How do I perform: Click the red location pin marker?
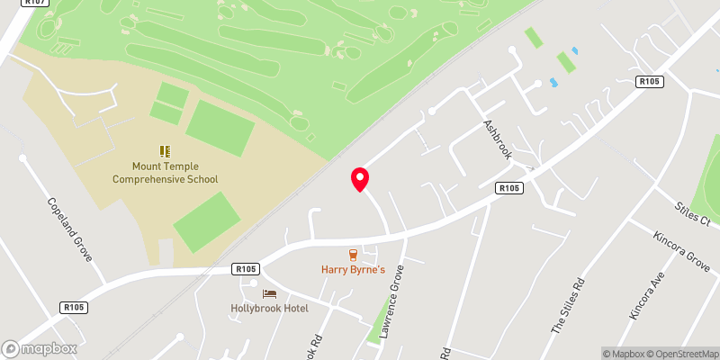coord(360,178)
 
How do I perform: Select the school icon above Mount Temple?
coord(165,151)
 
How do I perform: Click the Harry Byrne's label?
coord(354,269)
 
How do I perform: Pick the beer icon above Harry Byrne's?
coord(354,255)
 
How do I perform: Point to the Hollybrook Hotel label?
coord(270,308)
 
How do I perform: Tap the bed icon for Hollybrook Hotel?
coord(269,293)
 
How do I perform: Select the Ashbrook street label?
coord(498,139)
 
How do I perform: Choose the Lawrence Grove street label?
coord(389,313)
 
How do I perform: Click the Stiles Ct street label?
coord(693,214)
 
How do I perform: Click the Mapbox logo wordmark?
coord(39,348)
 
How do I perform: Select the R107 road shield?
coord(36,4)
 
